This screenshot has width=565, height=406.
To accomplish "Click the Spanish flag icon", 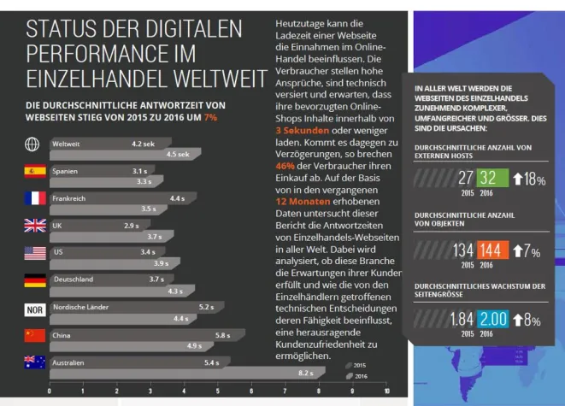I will [35, 171].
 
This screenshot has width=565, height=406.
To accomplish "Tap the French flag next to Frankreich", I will [35, 198].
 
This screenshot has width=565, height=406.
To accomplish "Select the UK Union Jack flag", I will [35, 226].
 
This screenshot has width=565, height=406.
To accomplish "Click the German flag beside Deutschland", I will [35, 279].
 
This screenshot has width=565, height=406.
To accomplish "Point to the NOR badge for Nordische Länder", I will [35, 308].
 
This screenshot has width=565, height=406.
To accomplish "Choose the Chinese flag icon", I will [35, 335].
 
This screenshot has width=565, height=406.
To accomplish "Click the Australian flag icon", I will [35, 362].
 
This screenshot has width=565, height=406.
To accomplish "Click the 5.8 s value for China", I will [222, 334].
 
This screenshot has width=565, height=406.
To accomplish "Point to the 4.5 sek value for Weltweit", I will [178, 155].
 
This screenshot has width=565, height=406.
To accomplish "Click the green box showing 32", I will [487, 178].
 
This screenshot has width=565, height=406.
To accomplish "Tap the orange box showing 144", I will [489, 250].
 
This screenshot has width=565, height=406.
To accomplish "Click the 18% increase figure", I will [533, 179].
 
